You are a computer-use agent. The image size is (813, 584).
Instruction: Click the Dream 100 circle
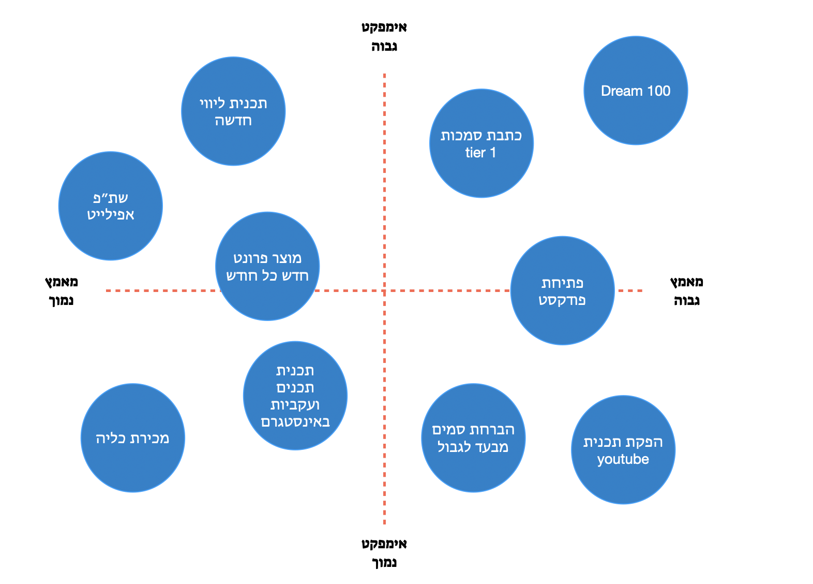[x=636, y=91]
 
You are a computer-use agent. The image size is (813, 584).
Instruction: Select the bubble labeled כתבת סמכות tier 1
[x=481, y=143]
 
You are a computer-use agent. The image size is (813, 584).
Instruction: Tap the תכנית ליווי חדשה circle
[x=233, y=111]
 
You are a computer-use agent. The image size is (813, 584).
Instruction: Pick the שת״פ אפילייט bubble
[x=111, y=206]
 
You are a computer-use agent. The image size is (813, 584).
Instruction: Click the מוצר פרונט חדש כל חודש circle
[x=267, y=266]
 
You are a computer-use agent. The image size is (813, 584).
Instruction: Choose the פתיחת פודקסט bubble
[x=562, y=290]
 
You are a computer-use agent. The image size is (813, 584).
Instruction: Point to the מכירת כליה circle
[x=133, y=438]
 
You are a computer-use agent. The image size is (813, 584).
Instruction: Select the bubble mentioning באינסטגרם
[x=295, y=396]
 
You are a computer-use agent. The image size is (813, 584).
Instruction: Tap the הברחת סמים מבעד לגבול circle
[x=473, y=438]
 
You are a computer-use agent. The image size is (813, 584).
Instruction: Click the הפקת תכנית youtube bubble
[x=623, y=449]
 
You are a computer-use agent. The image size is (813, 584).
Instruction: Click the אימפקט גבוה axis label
[x=384, y=37]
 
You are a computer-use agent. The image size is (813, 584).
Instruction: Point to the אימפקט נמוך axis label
[x=384, y=553]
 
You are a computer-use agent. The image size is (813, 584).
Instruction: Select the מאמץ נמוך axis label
[x=62, y=291]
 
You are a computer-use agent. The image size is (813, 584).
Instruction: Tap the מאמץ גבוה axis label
[x=687, y=291]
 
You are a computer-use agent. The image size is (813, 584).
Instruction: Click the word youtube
[x=623, y=459]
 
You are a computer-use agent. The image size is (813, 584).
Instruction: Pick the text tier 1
[x=480, y=153]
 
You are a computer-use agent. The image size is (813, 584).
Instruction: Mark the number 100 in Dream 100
[x=659, y=91]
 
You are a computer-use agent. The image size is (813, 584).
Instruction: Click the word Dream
[x=622, y=91]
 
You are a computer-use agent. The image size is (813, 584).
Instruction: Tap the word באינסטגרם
[x=295, y=422]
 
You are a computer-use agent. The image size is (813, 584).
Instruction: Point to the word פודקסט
[x=562, y=300]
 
